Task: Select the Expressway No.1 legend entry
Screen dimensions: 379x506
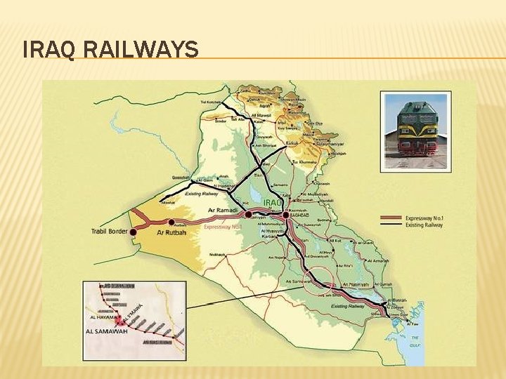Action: tap(423, 218)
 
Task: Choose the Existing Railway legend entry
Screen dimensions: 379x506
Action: tap(424, 225)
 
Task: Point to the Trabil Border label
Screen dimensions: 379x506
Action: tap(110, 231)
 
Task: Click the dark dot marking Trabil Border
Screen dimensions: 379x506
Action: tap(133, 231)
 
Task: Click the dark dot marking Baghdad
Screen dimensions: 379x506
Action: tap(285, 215)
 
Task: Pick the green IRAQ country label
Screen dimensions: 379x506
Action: tap(273, 202)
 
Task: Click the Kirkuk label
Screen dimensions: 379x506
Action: tap(292, 143)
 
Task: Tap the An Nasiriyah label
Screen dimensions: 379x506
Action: tap(355, 284)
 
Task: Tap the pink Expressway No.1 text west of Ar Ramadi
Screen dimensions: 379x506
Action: tap(222, 227)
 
